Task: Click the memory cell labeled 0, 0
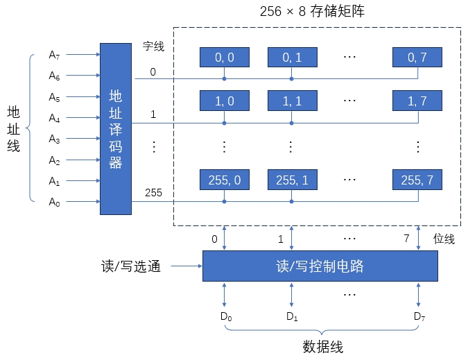pyautogui.click(x=224, y=58)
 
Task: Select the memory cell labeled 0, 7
pyautogui.click(x=417, y=58)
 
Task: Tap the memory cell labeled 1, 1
pyautogui.click(x=292, y=101)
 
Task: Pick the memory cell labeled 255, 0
pyautogui.click(x=224, y=180)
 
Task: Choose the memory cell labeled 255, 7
pyautogui.click(x=417, y=180)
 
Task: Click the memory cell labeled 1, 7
pyautogui.click(x=417, y=101)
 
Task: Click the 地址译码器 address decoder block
pyautogui.click(x=115, y=129)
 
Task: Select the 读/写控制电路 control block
pyautogui.click(x=320, y=266)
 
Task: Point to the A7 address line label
pyautogui.click(x=55, y=54)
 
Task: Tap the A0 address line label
pyautogui.click(x=55, y=203)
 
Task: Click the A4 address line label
pyautogui.click(x=55, y=118)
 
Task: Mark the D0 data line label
pyautogui.click(x=225, y=317)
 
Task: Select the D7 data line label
pyautogui.click(x=419, y=317)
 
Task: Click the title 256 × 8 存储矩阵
pyautogui.click(x=317, y=12)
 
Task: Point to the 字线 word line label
pyautogui.click(x=153, y=46)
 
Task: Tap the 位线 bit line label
pyautogui.click(x=444, y=239)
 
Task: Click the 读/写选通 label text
pyautogui.click(x=131, y=266)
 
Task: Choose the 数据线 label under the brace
pyautogui.click(x=322, y=347)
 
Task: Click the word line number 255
pyautogui.click(x=153, y=193)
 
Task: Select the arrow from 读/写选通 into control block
pyautogui.click(x=186, y=266)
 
